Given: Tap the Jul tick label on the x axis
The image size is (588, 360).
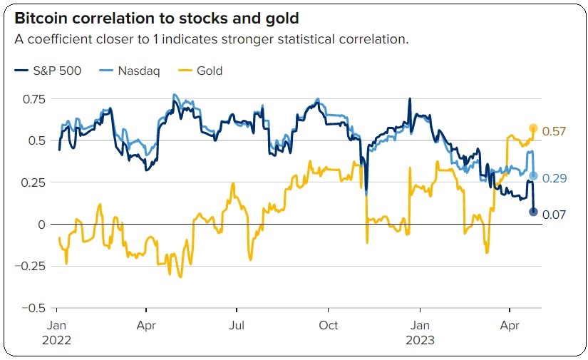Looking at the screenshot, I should click(x=237, y=326).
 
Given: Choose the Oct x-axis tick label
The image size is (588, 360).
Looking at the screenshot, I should click(x=328, y=326).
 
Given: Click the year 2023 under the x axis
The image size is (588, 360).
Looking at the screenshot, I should click(x=419, y=340).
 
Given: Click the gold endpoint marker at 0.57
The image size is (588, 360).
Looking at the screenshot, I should click(x=533, y=128).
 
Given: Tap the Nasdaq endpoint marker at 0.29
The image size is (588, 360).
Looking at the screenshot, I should click(x=533, y=175).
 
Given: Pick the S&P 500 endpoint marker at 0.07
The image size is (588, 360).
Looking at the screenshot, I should click(x=533, y=212).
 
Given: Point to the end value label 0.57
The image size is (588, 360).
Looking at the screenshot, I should click(x=554, y=131).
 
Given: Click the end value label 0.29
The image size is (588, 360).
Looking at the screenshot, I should click(x=554, y=178).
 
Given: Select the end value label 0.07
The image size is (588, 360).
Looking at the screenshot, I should click(x=554, y=213).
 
